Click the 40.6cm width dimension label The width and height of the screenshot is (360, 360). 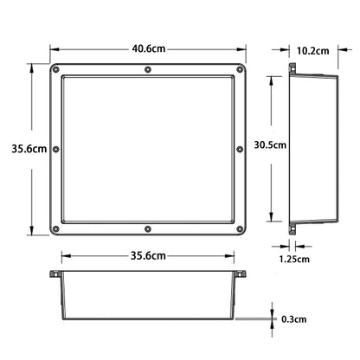(x=149, y=48)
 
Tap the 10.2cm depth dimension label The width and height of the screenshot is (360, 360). (x=313, y=51)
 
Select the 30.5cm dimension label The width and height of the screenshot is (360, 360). (x=270, y=145)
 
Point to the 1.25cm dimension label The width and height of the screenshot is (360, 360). (x=294, y=259)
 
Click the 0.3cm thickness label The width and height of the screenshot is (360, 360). (x=293, y=319)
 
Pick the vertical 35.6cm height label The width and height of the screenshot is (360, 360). (x=29, y=149)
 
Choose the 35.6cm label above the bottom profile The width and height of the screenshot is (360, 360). (x=148, y=255)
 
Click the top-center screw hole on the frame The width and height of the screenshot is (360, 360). (x=148, y=69)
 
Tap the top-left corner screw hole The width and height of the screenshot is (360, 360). (x=56, y=69)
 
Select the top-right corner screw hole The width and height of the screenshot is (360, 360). (x=240, y=69)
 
